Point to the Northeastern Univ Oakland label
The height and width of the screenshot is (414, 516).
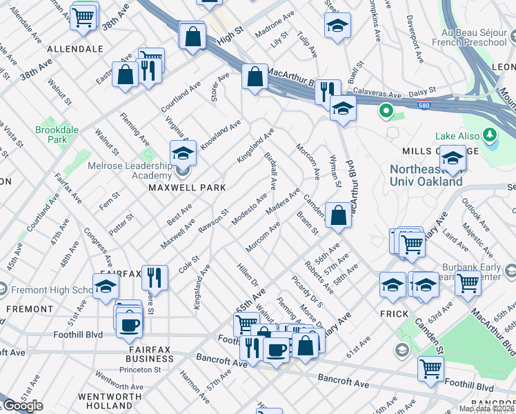tap(426, 175)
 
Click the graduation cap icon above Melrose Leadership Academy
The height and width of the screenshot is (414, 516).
tap(183, 152)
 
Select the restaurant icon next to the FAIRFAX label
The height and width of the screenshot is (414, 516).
tap(155, 277)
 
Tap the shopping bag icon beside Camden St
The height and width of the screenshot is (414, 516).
tap(338, 215)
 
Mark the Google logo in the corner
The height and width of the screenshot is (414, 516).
tap(22, 406)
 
